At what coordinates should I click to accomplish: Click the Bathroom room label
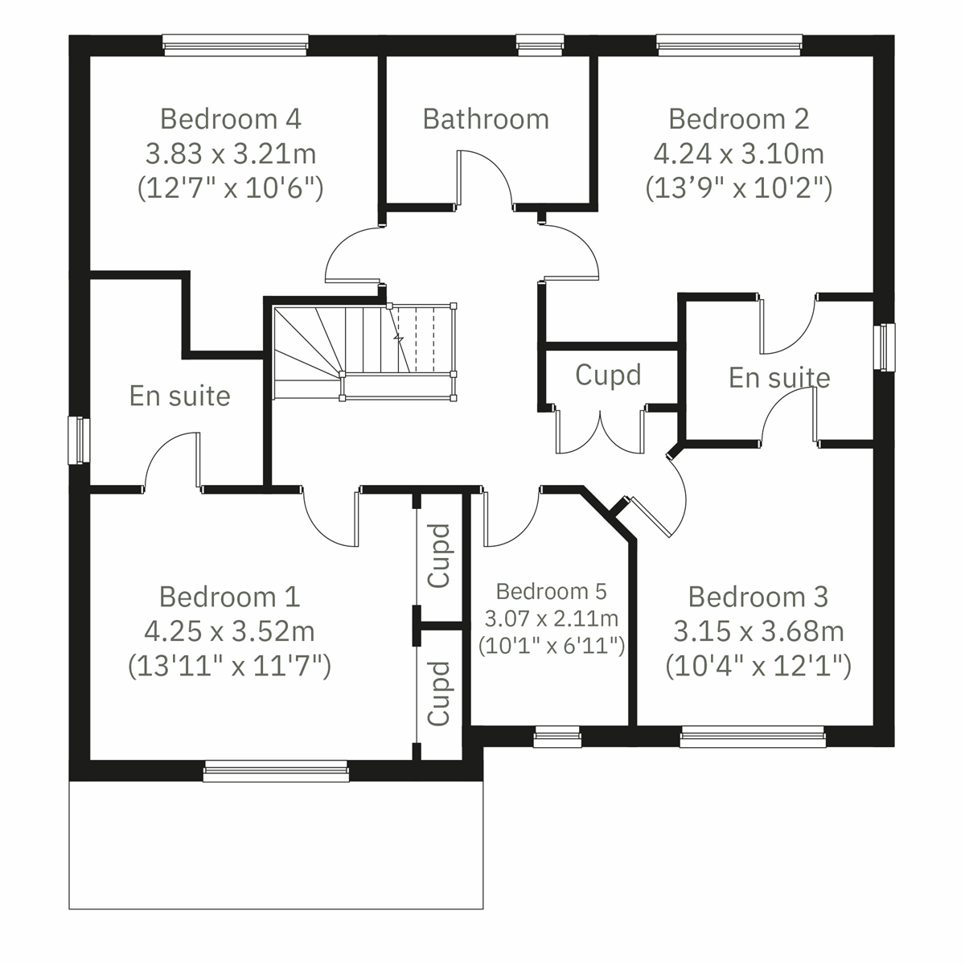[486, 119]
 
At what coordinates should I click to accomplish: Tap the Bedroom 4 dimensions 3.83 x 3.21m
[231, 153]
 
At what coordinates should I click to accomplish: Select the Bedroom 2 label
[738, 119]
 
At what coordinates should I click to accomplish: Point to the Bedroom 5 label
[552, 592]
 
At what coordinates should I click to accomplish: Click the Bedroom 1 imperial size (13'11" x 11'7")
[230, 666]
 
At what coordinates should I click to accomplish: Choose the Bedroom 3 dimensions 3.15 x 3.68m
[758, 631]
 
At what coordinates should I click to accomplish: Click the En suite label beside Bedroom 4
[180, 396]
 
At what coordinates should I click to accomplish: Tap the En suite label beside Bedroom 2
[779, 377]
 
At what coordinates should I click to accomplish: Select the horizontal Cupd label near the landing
[608, 375]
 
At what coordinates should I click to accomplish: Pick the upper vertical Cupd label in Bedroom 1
[439, 555]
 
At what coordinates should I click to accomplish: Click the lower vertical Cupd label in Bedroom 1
[439, 693]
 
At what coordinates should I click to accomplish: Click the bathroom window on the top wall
[540, 45]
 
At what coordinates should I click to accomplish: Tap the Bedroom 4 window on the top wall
[235, 45]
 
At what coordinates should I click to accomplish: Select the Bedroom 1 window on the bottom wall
[277, 772]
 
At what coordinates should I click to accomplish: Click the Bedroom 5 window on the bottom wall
[557, 737]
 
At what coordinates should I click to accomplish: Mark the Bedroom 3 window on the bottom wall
[752, 737]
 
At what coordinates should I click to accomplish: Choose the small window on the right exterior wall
[885, 347]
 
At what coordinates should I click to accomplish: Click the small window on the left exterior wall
[79, 439]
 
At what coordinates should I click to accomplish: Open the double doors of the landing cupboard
[600, 430]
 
